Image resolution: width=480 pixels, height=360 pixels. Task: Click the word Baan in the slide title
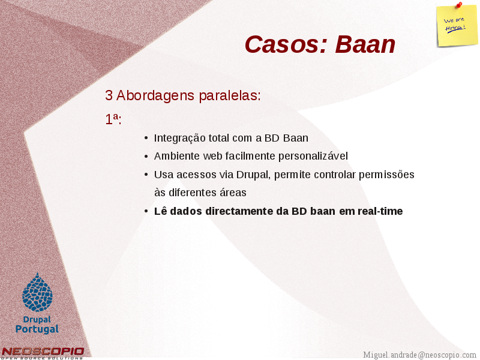click(365, 44)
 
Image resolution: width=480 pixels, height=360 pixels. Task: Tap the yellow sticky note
click(457, 26)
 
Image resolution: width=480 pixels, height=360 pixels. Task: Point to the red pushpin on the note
click(459, 5)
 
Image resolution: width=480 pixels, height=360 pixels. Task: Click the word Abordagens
click(155, 95)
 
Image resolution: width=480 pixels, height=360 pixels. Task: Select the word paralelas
click(230, 95)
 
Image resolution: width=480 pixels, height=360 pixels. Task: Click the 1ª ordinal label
click(113, 119)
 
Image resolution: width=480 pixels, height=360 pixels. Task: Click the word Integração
click(179, 139)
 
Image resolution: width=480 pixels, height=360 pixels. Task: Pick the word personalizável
click(313, 157)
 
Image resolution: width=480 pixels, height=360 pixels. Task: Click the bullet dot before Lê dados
click(146, 211)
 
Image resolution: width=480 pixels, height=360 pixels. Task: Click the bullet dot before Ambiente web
click(146, 157)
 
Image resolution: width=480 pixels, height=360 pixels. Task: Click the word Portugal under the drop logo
click(37, 329)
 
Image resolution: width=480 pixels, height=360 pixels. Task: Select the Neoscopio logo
click(42, 353)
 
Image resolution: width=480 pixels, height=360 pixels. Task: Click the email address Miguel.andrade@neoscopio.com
click(419, 355)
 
